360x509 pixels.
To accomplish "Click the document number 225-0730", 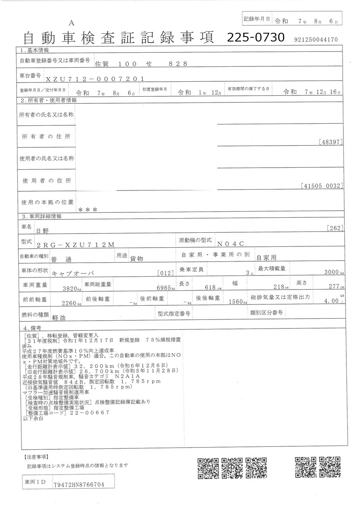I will click(x=255, y=38).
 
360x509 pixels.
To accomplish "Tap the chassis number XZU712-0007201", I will click(x=95, y=78).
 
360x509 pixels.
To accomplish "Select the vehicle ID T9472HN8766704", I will click(x=78, y=484).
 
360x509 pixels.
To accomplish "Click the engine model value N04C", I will click(x=233, y=244).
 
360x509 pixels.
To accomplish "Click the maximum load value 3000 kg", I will click(x=332, y=273).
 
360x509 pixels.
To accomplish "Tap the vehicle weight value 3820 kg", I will click(x=71, y=288).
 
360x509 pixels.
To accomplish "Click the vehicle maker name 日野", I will click(x=43, y=230).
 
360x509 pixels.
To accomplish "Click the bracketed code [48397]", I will click(x=331, y=142).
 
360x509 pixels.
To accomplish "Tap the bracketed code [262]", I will click(x=334, y=227).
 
